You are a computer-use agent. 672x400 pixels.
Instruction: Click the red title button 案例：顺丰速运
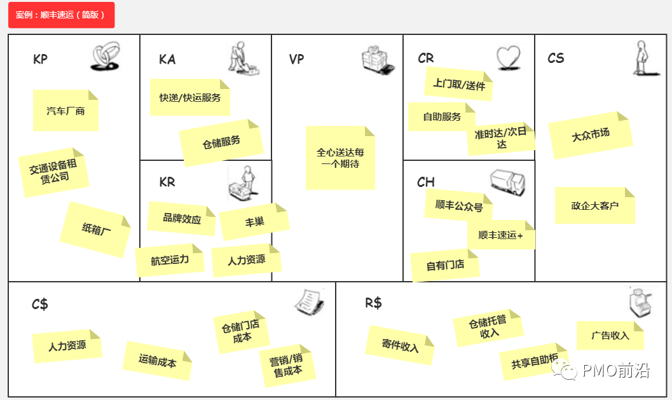[x=61, y=15]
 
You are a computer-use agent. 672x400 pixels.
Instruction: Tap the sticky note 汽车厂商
[x=66, y=111]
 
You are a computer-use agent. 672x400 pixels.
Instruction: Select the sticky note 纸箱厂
[x=96, y=229]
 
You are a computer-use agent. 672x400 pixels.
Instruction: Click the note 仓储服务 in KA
[x=221, y=142]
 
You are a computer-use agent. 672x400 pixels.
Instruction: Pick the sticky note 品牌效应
[x=181, y=218]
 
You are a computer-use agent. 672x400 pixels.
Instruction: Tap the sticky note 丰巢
[x=254, y=221]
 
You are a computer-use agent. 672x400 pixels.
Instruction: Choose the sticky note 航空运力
[x=170, y=260]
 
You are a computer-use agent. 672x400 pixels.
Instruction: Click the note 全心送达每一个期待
[x=340, y=158]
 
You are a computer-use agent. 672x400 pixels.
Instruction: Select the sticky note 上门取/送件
[x=458, y=84]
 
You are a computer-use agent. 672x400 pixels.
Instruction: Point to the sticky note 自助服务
[x=441, y=117]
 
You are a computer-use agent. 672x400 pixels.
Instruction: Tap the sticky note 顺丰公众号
[x=458, y=206]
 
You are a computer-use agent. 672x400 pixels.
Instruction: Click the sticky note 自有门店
[x=444, y=265]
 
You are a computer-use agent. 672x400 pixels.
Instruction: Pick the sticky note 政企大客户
[x=594, y=205]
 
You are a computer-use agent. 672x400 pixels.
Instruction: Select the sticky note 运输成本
[x=157, y=361]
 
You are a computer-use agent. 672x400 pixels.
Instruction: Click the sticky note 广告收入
[x=610, y=335]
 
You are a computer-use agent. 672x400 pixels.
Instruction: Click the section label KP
[x=40, y=59]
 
